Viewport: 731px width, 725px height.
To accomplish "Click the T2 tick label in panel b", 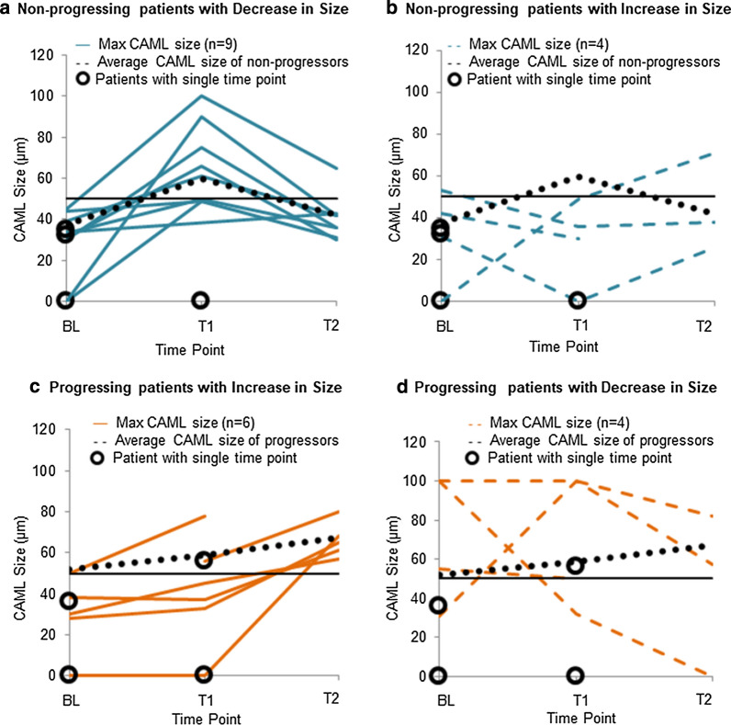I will (703, 325).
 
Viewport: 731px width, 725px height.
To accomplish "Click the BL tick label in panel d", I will (445, 699).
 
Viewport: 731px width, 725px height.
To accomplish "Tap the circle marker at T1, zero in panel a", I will (202, 300).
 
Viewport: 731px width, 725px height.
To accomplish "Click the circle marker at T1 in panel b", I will (578, 300).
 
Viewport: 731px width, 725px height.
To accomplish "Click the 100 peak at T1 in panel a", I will (202, 96).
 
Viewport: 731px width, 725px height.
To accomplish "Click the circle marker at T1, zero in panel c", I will (203, 674).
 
